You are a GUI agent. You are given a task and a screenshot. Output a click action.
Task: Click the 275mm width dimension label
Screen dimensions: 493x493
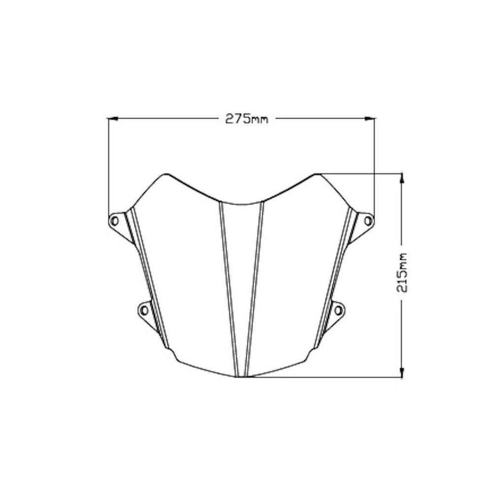[x=246, y=119]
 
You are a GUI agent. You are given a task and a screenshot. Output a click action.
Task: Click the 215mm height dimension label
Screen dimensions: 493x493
[x=402, y=273]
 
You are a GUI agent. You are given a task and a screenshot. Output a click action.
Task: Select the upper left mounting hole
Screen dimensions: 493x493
[x=115, y=220]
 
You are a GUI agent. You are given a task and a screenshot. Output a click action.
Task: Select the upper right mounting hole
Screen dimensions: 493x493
[x=368, y=220]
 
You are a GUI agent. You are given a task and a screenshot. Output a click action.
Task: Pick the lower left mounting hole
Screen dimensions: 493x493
[x=144, y=310]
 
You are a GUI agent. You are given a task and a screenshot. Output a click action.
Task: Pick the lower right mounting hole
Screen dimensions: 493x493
[x=339, y=310]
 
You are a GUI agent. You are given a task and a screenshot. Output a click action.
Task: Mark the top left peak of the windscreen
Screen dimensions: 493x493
[x=165, y=175]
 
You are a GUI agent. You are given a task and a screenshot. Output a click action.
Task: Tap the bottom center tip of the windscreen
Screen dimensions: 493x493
[x=242, y=377]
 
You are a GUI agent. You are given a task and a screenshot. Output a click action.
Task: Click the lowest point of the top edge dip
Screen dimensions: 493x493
[x=242, y=202]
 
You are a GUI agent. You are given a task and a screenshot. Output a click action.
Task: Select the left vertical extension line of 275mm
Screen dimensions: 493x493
[x=108, y=168]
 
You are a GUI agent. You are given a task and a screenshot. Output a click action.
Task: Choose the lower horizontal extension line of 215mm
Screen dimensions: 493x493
[x=325, y=378]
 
